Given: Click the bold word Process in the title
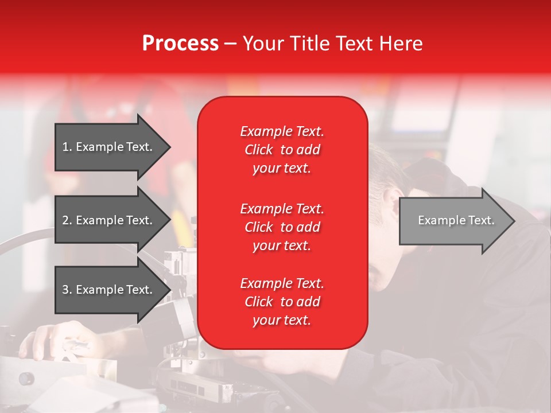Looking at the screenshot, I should click(180, 44).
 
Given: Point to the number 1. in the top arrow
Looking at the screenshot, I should click(67, 147).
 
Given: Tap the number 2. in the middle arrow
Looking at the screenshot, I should click(67, 220).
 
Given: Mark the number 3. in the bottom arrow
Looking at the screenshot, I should click(67, 290).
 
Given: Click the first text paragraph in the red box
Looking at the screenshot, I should click(282, 150).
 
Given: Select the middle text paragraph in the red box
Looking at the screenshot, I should click(282, 227).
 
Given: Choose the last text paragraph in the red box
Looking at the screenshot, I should click(282, 302).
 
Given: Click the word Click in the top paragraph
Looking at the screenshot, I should click(258, 150).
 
